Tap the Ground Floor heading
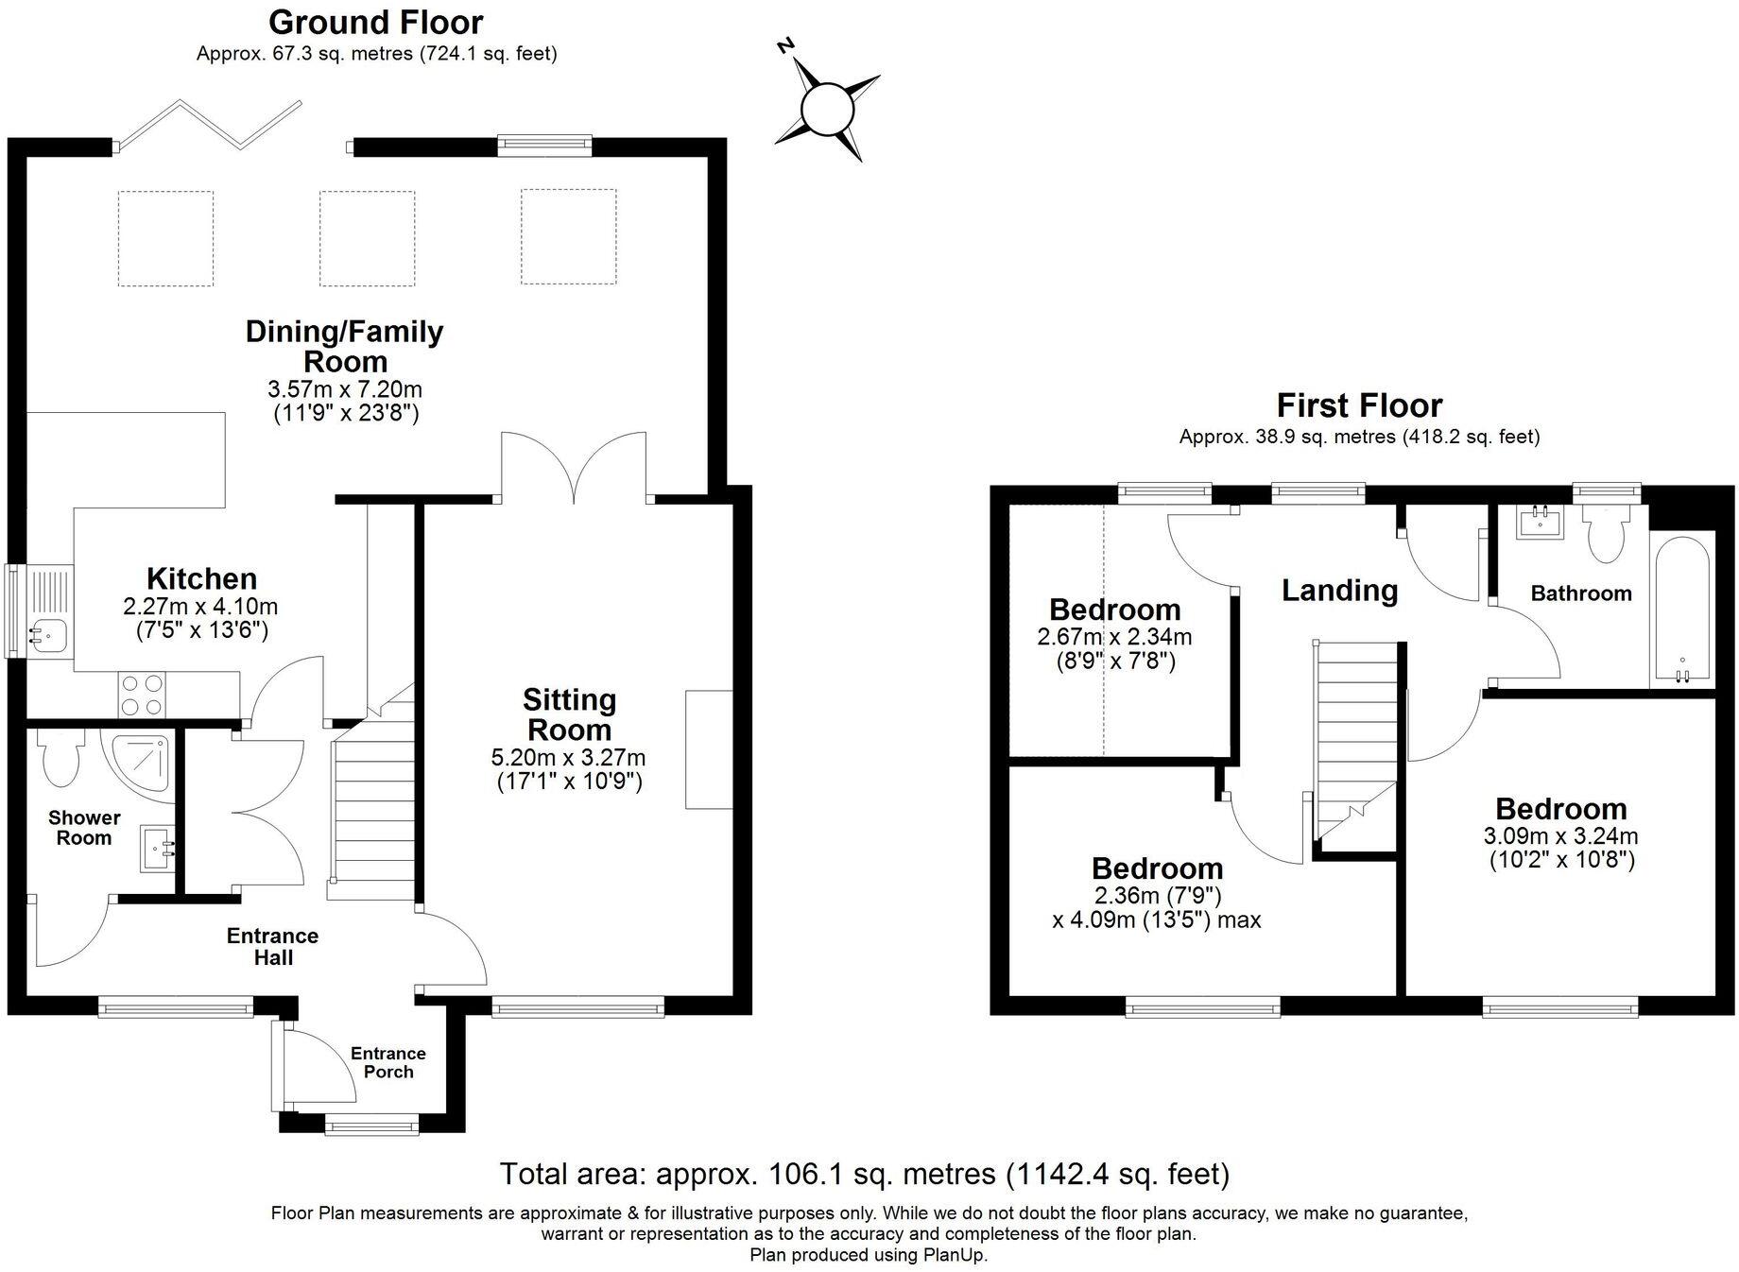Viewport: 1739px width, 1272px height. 375,22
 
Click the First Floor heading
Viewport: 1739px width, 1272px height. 1359,405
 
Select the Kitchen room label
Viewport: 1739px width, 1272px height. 201,578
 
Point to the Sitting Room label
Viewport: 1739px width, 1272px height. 569,714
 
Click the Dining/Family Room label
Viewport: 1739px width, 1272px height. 344,346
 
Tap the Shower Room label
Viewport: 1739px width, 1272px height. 84,828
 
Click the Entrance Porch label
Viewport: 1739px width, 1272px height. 388,1062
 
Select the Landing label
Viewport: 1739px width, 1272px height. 1339,591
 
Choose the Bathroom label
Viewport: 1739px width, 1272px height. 1581,593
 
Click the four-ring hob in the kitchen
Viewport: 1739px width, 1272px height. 142,694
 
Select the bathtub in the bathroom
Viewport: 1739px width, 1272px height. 1681,610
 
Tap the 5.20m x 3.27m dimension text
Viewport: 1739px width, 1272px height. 569,757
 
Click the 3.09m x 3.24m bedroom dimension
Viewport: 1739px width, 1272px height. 1561,836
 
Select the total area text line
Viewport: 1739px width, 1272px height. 865,1174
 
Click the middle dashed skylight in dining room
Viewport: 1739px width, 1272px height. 367,238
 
